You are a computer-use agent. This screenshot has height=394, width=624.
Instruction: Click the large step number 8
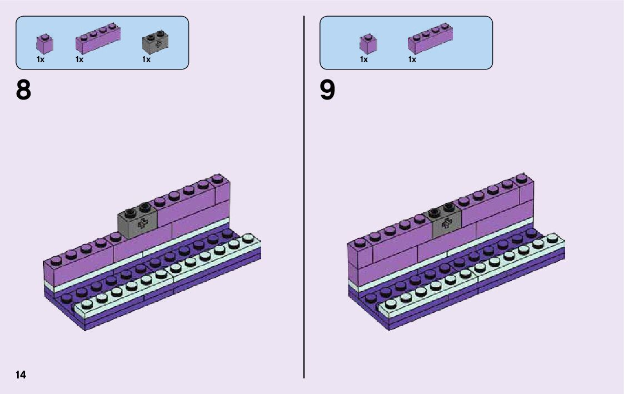click(x=24, y=90)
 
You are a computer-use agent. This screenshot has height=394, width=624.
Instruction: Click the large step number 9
click(x=327, y=90)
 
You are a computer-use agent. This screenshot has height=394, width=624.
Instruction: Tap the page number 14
click(x=21, y=375)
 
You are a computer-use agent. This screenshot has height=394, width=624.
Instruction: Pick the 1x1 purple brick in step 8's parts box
click(x=44, y=44)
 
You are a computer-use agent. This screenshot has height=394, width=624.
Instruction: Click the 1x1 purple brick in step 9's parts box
click(x=368, y=44)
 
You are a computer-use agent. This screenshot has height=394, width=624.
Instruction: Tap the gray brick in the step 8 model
click(x=137, y=223)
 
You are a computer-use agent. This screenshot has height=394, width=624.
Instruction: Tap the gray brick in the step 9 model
click(x=446, y=222)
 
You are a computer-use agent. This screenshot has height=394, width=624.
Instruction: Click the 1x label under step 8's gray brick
click(x=146, y=59)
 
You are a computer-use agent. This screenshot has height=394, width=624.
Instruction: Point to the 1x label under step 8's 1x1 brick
click(x=41, y=59)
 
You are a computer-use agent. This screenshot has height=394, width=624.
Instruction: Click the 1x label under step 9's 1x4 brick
click(x=412, y=59)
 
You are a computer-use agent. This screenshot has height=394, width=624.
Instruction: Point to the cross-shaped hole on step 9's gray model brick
click(x=446, y=225)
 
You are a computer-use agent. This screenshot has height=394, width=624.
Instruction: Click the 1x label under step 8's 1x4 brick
click(x=79, y=59)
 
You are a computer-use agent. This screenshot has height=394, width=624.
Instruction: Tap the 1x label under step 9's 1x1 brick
click(x=364, y=59)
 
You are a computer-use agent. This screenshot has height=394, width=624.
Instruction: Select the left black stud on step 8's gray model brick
click(x=131, y=211)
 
